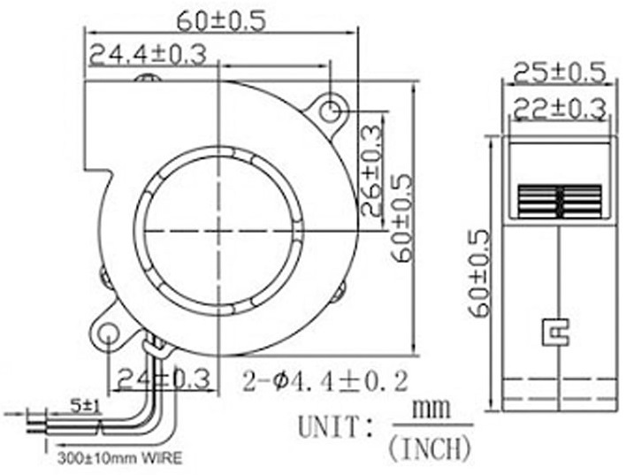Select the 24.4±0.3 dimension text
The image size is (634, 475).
tap(147, 55)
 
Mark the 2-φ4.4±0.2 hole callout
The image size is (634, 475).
tap(325, 381)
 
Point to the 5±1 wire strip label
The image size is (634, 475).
tap(86, 405)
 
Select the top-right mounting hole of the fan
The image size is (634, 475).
tap(331, 111)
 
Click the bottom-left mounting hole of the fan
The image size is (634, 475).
tap(109, 335)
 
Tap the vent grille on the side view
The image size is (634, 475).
tap(558, 201)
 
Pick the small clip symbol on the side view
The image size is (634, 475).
tap(555, 332)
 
